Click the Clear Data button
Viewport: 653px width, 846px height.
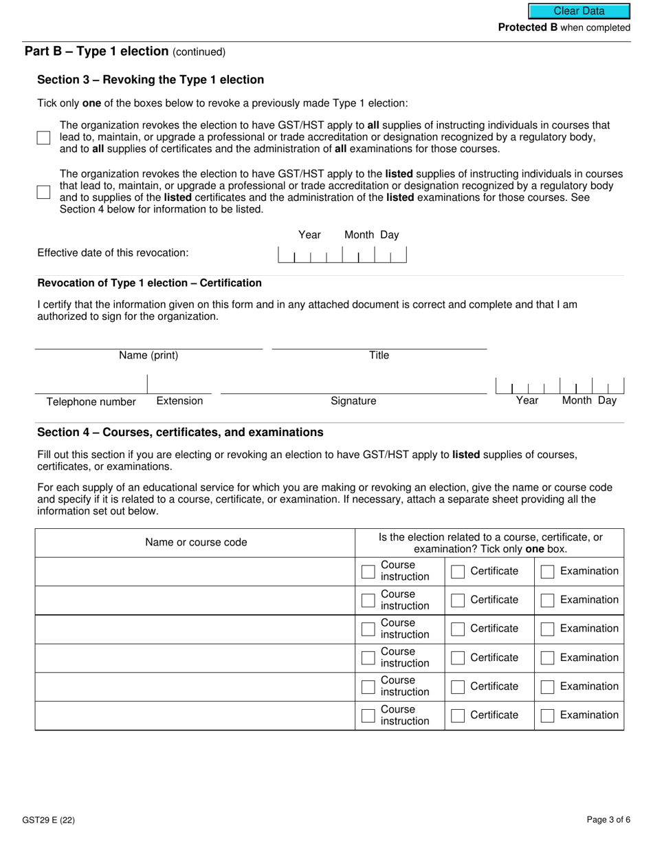pyautogui.click(x=579, y=11)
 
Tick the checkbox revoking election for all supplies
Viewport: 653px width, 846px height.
pyautogui.click(x=44, y=138)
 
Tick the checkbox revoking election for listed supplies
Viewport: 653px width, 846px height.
pyautogui.click(x=44, y=192)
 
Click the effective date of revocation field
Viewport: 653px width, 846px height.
pyautogui.click(x=342, y=255)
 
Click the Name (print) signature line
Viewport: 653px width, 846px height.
pyautogui.click(x=148, y=341)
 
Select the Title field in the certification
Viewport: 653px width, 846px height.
pyautogui.click(x=379, y=341)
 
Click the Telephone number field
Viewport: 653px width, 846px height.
pyautogui.click(x=91, y=385)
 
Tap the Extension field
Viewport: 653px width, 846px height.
pyautogui.click(x=179, y=385)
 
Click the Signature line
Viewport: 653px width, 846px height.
pyautogui.click(x=353, y=385)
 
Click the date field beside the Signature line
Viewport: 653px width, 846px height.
pyautogui.click(x=560, y=386)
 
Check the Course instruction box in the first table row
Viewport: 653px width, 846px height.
pyautogui.click(x=368, y=572)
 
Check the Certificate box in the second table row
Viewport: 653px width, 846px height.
pyautogui.click(x=458, y=600)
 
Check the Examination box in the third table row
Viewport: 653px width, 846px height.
pyautogui.click(x=547, y=629)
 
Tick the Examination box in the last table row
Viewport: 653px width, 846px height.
pyautogui.click(x=547, y=716)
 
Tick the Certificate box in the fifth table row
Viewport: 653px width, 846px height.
pyautogui.click(x=458, y=687)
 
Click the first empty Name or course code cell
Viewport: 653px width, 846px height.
pyautogui.click(x=195, y=572)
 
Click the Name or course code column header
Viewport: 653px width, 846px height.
pyautogui.click(x=195, y=543)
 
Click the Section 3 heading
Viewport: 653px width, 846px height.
pyautogui.click(x=151, y=80)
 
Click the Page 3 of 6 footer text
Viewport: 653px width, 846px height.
pyautogui.click(x=608, y=820)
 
